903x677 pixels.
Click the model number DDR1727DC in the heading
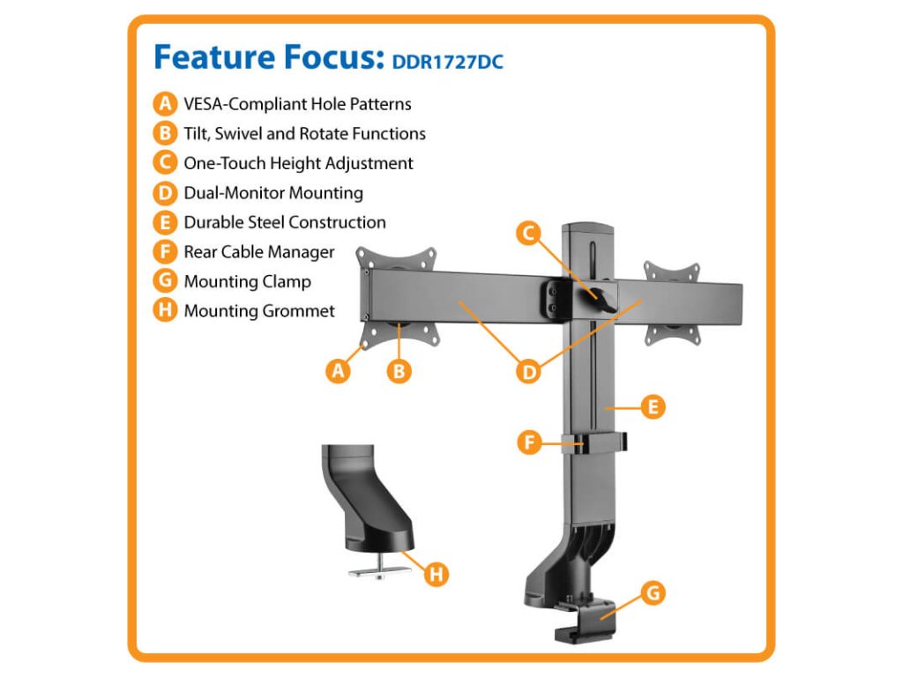coord(447,62)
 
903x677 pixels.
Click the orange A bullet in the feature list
coord(165,104)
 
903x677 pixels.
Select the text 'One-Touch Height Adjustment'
coord(298,163)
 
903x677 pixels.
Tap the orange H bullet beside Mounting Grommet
coord(165,310)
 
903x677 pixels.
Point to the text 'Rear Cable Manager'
coord(259,252)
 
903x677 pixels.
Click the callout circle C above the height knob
coord(528,233)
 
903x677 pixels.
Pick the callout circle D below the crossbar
coord(528,371)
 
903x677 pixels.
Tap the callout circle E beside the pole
coord(653,407)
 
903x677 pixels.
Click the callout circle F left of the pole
coord(528,442)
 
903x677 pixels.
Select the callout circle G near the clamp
coord(652,593)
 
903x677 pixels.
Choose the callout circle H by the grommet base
coord(435,575)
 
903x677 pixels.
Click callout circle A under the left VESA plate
coord(337,371)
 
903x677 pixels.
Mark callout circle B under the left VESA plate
coord(399,371)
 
